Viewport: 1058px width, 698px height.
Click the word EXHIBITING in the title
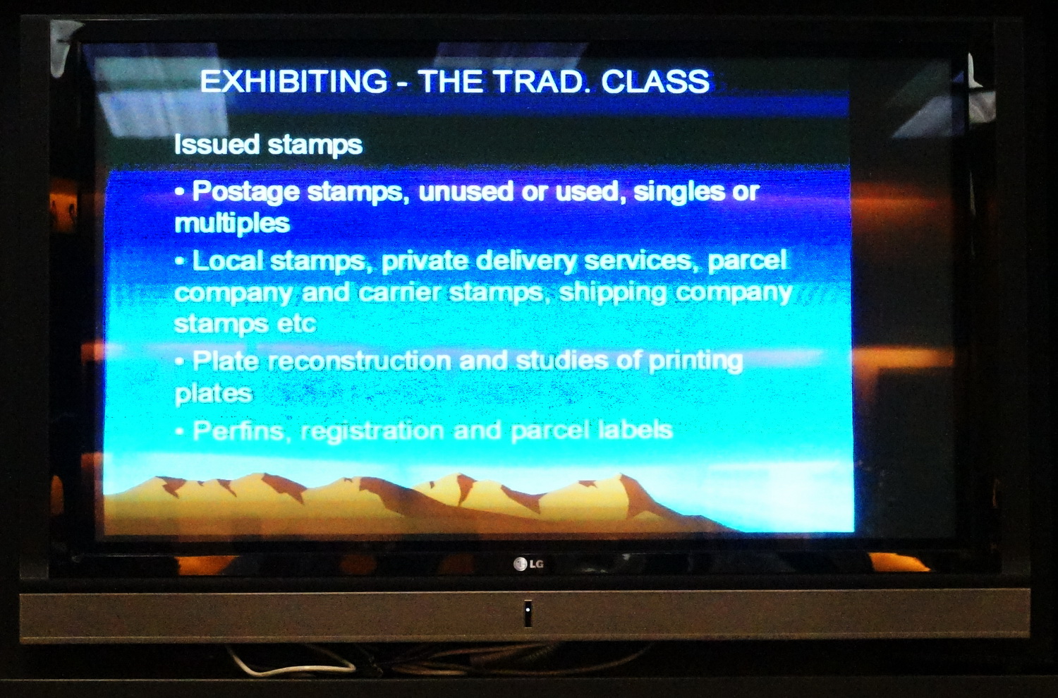293,81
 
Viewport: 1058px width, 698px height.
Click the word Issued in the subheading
217,144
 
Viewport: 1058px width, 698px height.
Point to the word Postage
246,193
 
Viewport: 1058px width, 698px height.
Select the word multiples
232,224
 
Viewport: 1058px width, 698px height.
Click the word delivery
526,262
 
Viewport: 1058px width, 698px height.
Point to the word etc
296,325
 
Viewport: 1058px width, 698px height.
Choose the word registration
372,431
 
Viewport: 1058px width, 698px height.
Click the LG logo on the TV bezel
528,564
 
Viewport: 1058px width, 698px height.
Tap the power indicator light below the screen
528,610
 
